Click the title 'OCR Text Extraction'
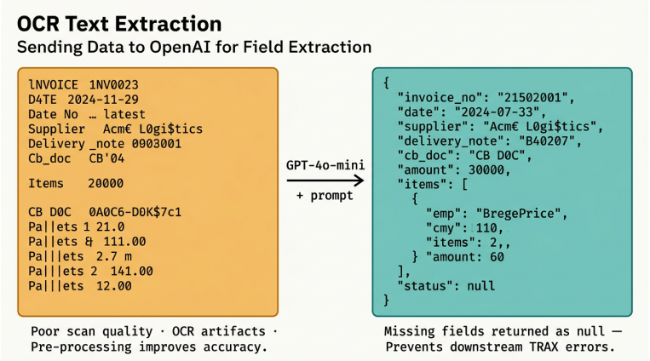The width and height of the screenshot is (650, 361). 119,22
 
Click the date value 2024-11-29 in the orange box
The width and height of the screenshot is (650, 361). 102,100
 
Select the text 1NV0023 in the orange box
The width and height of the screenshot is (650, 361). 113,85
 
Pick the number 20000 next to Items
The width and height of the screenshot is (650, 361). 106,183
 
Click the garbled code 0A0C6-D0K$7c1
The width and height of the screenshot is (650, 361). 135,211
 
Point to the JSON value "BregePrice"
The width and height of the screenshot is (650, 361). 521,213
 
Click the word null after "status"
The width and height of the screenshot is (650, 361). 480,285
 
